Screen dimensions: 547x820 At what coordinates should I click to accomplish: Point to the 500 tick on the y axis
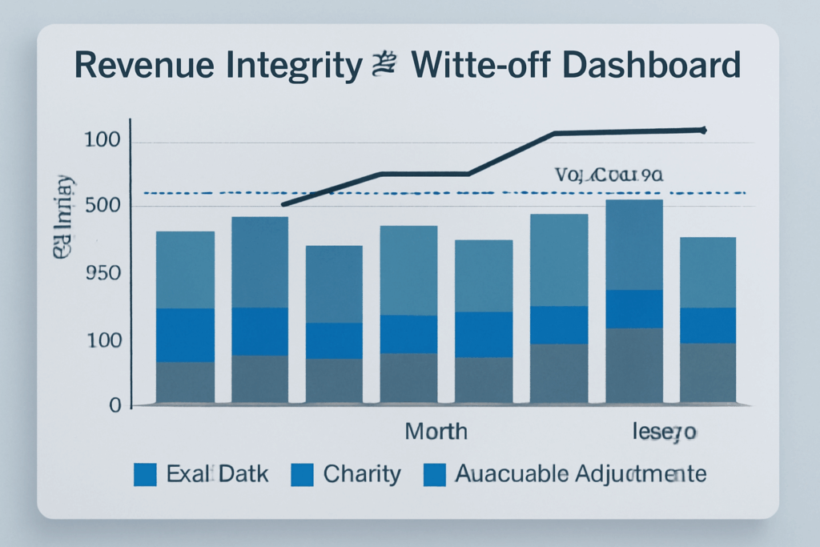102,207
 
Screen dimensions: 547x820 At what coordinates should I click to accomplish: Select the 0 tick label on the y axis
115,405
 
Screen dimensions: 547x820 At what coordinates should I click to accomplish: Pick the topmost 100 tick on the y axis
102,142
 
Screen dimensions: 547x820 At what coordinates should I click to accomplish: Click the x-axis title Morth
436,432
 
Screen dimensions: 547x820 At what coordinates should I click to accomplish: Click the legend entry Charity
361,473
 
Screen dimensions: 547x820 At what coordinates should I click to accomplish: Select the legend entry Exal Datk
217,473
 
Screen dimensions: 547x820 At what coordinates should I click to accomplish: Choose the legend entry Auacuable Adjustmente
581,473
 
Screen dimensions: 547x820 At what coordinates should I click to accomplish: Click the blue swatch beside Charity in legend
302,474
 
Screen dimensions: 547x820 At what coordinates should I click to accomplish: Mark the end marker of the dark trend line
703,129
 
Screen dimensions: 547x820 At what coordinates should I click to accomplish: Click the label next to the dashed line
609,174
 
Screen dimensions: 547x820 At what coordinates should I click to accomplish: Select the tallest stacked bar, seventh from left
633,301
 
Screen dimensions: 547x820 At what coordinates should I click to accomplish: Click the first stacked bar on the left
185,317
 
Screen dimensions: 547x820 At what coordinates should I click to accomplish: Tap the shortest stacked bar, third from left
334,324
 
